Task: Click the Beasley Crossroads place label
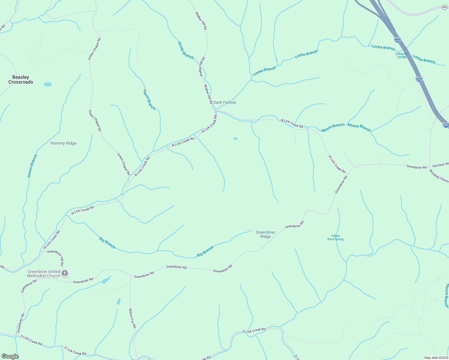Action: pyautogui.click(x=21, y=79)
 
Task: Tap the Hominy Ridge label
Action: pyautogui.click(x=63, y=143)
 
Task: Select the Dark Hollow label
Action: pyautogui.click(x=224, y=103)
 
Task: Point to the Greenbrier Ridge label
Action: pyautogui.click(x=265, y=234)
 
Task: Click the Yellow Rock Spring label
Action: pyautogui.click(x=335, y=238)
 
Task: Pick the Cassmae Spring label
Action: pyautogui.click(x=402, y=55)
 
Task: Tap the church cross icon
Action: pyautogui.click(x=65, y=273)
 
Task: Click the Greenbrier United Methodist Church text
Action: pyautogui.click(x=44, y=274)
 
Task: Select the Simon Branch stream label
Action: pyautogui.click(x=32, y=166)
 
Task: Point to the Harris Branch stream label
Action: pyautogui.click(x=149, y=100)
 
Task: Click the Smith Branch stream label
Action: pyautogui.click(x=186, y=50)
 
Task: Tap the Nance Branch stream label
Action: pyautogui.click(x=447, y=295)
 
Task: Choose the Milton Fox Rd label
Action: pyautogui.click(x=132, y=318)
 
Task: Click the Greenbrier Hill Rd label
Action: pyautogui.click(x=56, y=258)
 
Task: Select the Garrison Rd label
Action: pyautogui.click(x=441, y=165)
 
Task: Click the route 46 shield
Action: pyautogui.click(x=444, y=7)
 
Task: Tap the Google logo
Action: pyautogui.click(x=10, y=356)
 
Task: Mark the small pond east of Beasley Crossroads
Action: pyautogui.click(x=48, y=84)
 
